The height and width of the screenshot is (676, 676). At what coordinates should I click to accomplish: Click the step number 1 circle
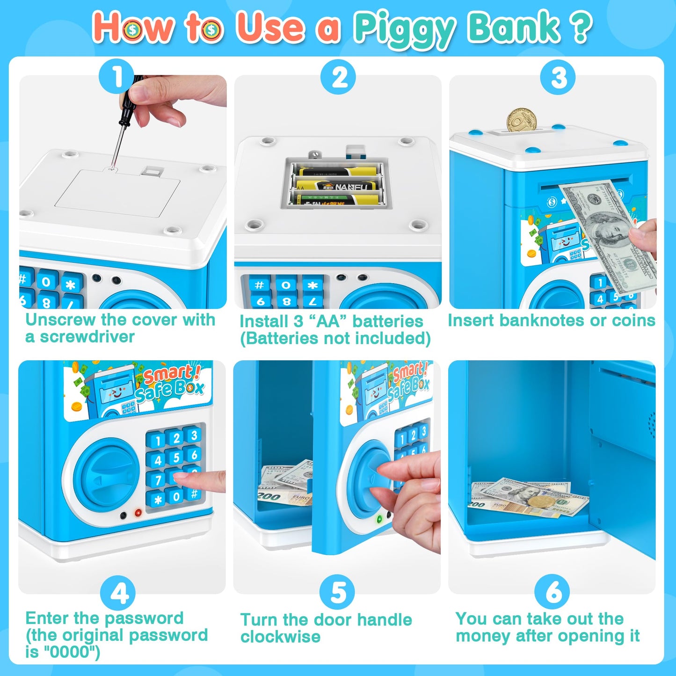point(116,77)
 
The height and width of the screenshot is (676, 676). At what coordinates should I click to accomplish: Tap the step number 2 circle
point(338,77)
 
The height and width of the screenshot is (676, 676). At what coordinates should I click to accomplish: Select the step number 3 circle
point(558,77)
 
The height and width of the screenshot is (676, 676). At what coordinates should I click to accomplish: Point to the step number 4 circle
point(118,593)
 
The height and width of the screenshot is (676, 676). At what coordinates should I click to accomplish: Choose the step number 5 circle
point(337,592)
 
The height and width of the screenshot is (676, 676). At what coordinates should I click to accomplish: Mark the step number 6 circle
point(552,592)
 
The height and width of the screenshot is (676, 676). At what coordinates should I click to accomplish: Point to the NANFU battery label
point(351,187)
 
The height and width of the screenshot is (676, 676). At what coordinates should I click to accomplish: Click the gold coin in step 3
point(521,120)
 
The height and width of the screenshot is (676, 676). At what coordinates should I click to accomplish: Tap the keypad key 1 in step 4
point(158,441)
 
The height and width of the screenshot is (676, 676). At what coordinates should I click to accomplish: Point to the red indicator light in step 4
point(138,513)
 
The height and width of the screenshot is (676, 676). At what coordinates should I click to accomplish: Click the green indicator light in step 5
point(380,519)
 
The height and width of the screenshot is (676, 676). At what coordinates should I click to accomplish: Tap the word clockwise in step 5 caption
point(280,637)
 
